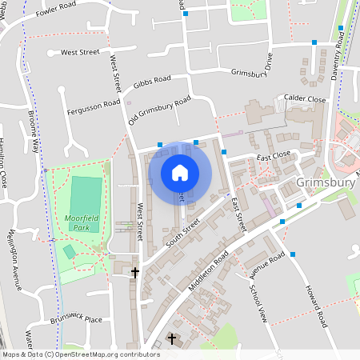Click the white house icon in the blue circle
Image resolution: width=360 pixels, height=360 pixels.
[180, 172]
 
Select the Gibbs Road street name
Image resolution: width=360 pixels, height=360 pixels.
[153, 82]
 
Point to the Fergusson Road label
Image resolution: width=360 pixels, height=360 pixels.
[93, 106]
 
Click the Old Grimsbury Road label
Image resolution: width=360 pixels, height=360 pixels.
[160, 110]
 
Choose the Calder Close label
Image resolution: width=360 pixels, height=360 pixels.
[305, 99]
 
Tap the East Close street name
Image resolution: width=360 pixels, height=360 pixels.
[273, 156]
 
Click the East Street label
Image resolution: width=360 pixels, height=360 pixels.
[237, 214]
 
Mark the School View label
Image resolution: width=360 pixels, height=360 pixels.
[258, 303]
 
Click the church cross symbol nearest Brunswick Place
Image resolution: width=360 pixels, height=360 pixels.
[134, 273]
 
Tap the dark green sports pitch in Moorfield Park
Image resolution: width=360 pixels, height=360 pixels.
[86, 204]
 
